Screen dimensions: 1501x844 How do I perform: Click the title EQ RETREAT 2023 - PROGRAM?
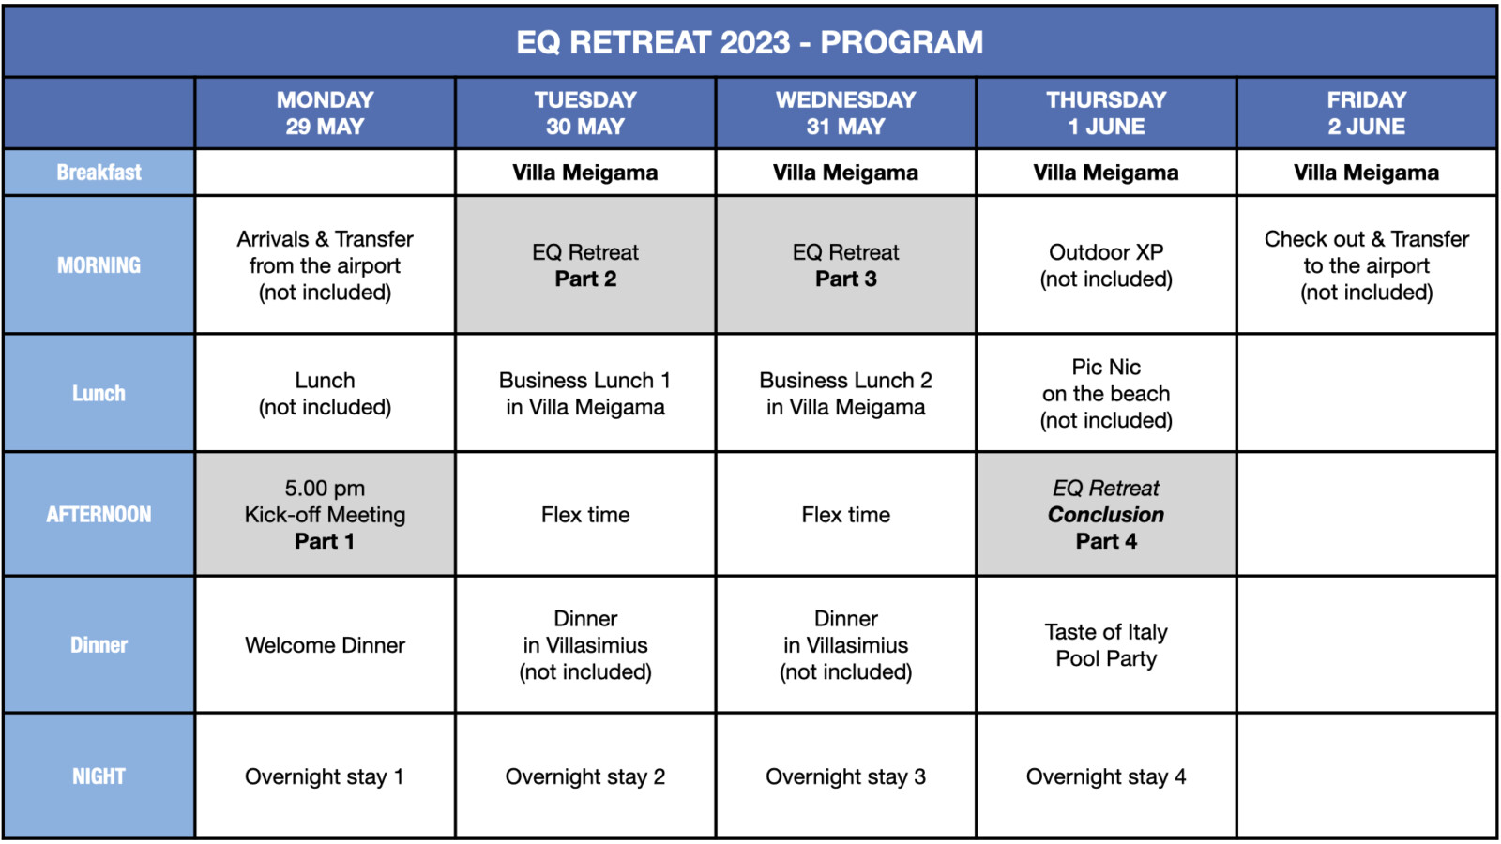(750, 42)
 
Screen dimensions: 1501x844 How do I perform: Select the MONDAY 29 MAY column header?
(325, 113)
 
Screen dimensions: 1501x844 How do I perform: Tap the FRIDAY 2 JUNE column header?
(1367, 113)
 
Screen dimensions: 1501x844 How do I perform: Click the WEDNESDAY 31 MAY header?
(845, 113)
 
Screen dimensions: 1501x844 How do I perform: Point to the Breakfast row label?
(99, 173)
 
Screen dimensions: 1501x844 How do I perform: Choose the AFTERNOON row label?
(99, 515)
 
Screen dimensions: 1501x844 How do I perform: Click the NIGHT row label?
(99, 776)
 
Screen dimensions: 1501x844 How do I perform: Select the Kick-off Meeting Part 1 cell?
(325, 515)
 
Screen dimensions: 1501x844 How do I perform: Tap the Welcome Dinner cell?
(325, 645)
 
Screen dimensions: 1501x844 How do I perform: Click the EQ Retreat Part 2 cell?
(585, 265)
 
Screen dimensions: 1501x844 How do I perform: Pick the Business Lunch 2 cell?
(845, 393)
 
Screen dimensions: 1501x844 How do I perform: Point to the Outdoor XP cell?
(1106, 265)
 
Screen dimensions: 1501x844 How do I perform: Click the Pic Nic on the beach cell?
(1106, 393)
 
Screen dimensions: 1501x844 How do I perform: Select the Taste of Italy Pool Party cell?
(1106, 645)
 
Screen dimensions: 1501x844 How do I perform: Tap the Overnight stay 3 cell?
(845, 776)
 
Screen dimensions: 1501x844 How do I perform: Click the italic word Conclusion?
(1106, 515)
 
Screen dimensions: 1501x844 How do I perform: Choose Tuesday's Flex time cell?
(585, 515)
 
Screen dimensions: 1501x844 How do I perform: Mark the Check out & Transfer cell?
(1367, 265)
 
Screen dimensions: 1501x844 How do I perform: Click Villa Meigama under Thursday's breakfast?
(1106, 173)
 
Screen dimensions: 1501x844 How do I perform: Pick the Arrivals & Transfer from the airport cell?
(325, 265)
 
